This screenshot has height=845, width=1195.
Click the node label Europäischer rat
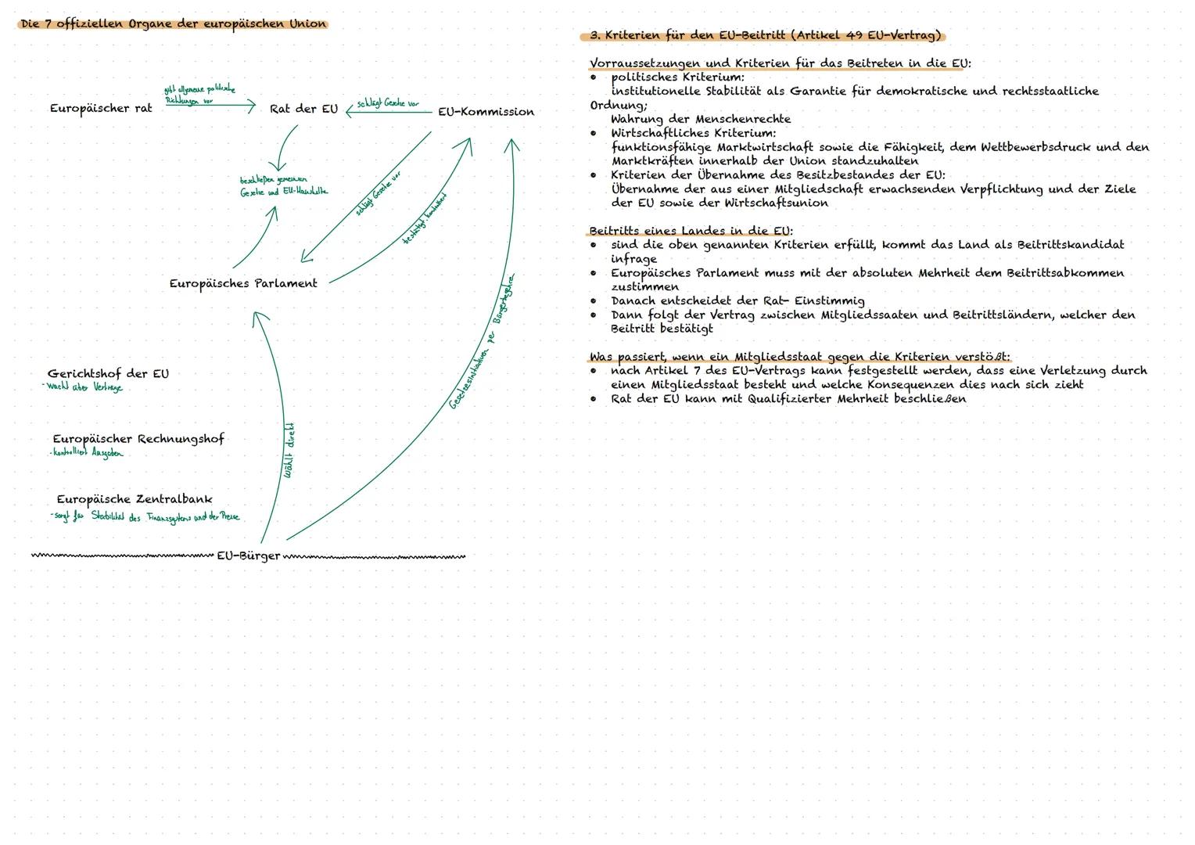click(101, 109)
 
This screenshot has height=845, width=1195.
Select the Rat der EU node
click(303, 110)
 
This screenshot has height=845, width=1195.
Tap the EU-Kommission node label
click(486, 112)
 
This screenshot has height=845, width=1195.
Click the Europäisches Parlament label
click(243, 284)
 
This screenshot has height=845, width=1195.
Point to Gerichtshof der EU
click(108, 374)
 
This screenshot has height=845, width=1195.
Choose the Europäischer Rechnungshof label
click(138, 439)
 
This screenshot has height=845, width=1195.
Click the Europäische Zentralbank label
click(134, 499)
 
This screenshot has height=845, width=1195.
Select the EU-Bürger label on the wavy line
click(248, 556)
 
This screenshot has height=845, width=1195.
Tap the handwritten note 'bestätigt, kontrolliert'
click(424, 218)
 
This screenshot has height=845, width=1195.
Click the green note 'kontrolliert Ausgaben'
click(87, 453)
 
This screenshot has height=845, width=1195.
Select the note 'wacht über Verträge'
click(84, 387)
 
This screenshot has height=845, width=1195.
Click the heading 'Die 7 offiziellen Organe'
click(173, 24)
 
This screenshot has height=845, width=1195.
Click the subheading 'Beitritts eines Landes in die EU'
click(691, 231)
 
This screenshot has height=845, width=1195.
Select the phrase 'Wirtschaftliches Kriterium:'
click(693, 133)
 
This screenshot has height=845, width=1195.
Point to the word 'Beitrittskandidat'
click(1070, 245)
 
